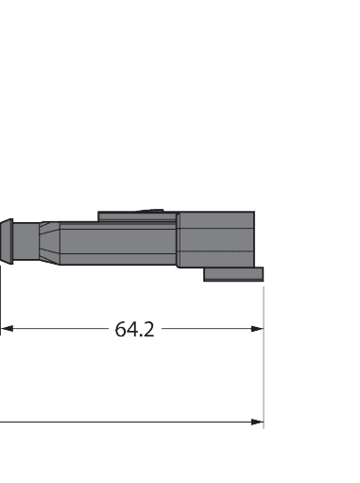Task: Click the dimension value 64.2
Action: pos(134,329)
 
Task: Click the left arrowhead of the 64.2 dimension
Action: pos(7,329)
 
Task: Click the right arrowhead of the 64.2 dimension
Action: pos(256,329)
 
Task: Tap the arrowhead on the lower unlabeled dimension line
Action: pos(256,423)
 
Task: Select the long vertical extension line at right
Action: pos(263,378)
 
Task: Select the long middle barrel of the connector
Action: pos(113,243)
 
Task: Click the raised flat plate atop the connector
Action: pos(137,217)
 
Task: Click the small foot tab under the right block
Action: pos(233,274)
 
